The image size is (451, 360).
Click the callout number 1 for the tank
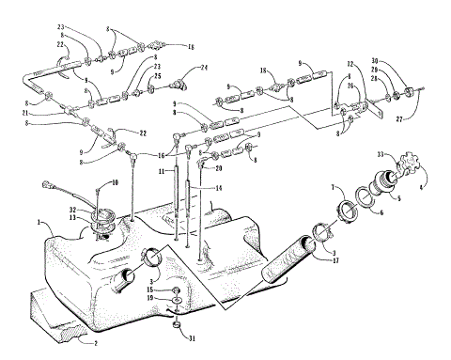[39, 224]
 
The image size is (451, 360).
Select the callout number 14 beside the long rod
[218, 188]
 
